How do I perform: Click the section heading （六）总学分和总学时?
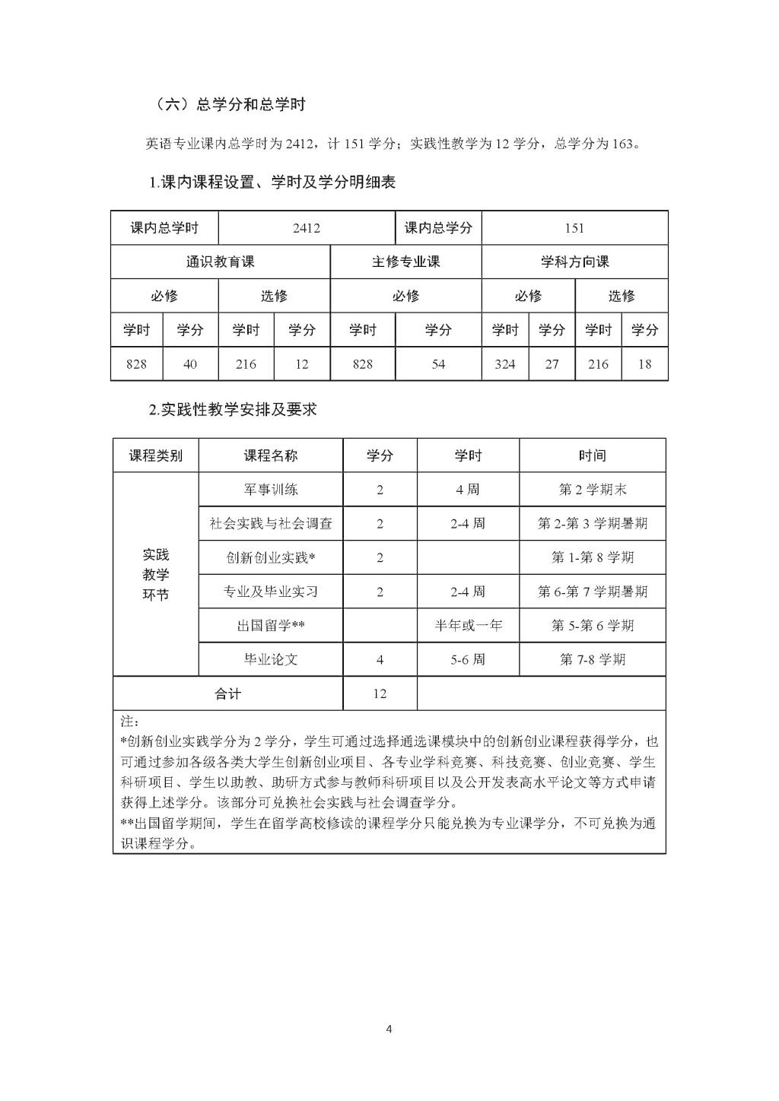pyautogui.click(x=230, y=105)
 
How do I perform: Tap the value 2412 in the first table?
pyautogui.click(x=306, y=228)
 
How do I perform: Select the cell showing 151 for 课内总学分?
pyautogui.click(x=574, y=228)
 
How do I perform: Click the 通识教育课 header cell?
pyautogui.click(x=220, y=262)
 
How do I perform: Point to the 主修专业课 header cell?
pyautogui.click(x=405, y=262)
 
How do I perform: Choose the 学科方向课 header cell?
pyautogui.click(x=574, y=262)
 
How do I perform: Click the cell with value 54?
pyautogui.click(x=438, y=364)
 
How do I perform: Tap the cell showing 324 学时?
pyautogui.click(x=505, y=364)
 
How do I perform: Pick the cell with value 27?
pyautogui.click(x=552, y=364)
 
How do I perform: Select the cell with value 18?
pyautogui.click(x=644, y=364)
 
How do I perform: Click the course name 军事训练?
pyautogui.click(x=270, y=490)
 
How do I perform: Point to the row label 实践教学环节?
pyautogui.click(x=155, y=575)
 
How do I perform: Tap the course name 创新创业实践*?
pyautogui.click(x=270, y=558)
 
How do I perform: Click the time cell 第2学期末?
pyautogui.click(x=592, y=490)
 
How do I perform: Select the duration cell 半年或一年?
pyautogui.click(x=468, y=626)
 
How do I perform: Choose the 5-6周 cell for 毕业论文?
pyautogui.click(x=468, y=659)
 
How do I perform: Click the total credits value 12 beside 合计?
pyautogui.click(x=380, y=693)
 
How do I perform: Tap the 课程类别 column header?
pyautogui.click(x=155, y=455)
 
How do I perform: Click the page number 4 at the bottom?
pyautogui.click(x=389, y=1030)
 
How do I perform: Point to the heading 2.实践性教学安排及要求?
pyautogui.click(x=232, y=410)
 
